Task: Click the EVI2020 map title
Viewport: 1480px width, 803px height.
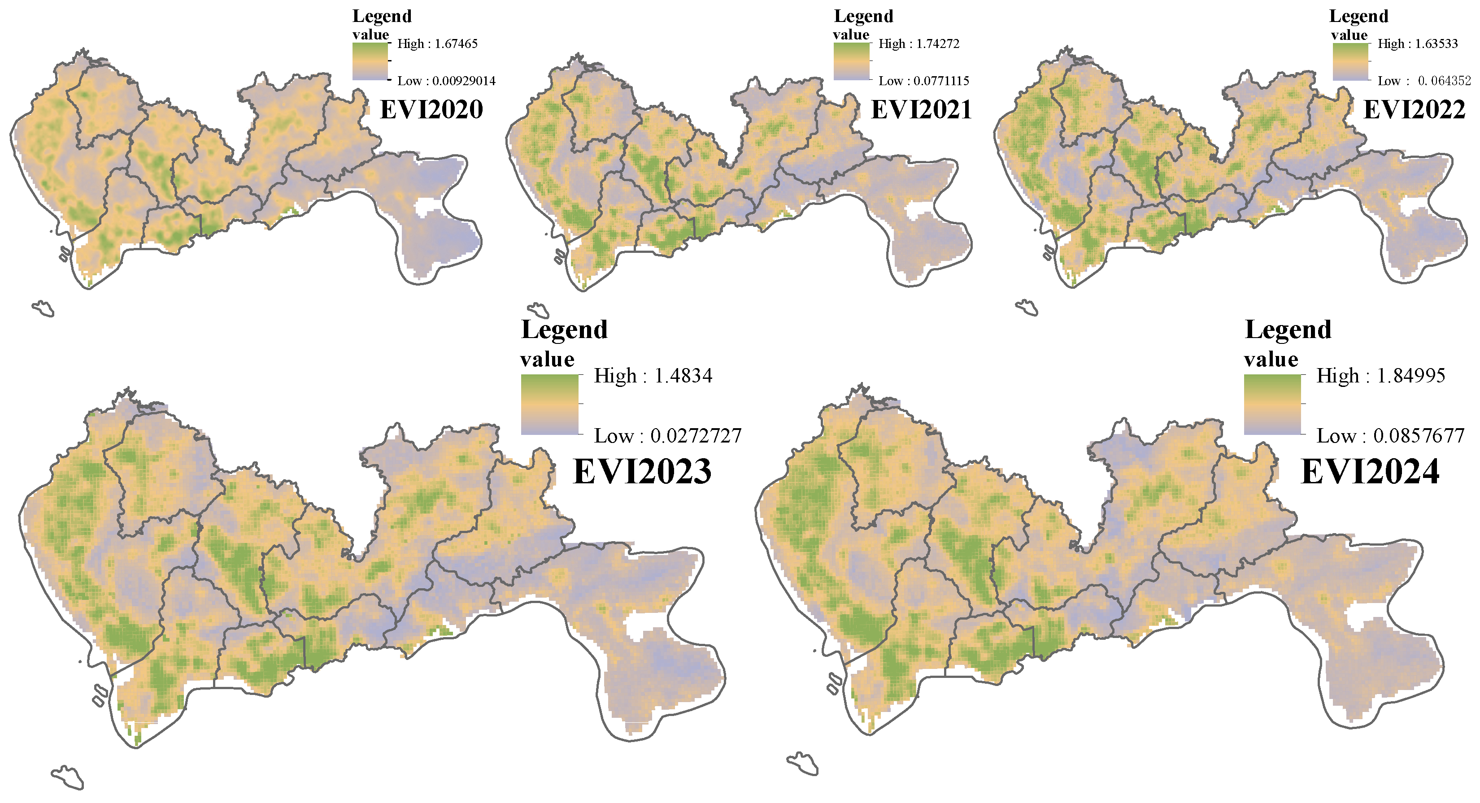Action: [431, 109]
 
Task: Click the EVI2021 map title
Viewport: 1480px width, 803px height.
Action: [921, 109]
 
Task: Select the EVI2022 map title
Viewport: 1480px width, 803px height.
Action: [1414, 109]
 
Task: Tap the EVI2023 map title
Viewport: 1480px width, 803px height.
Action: [642, 472]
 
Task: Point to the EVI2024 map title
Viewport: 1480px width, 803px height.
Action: [1370, 472]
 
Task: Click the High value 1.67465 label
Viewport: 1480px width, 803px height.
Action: [437, 43]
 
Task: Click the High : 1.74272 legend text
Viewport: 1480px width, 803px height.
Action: [918, 43]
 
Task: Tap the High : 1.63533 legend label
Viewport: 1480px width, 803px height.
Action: [1417, 43]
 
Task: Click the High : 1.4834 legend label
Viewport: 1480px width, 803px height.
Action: [653, 376]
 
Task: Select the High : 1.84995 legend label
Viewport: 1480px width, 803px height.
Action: [1380, 376]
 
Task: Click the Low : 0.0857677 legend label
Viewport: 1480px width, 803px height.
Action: [1390, 436]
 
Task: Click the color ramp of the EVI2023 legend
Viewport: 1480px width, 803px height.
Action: [549, 404]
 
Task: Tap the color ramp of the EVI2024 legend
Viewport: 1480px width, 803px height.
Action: [1272, 404]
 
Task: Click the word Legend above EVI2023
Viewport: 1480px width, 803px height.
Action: [564, 330]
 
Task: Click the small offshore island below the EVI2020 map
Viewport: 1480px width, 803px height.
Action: [44, 309]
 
